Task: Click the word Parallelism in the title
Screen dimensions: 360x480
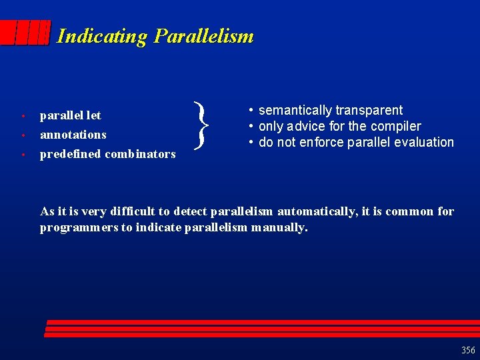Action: pos(203,36)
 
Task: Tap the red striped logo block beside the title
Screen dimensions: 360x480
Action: pos(25,32)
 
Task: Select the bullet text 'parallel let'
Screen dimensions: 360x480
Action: pos(70,115)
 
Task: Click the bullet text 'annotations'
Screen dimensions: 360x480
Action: pos(73,135)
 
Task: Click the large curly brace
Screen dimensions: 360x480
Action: pos(201,125)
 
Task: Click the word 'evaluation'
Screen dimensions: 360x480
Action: pos(423,143)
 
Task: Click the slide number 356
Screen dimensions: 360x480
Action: pos(468,350)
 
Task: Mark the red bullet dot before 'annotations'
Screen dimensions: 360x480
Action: pos(23,135)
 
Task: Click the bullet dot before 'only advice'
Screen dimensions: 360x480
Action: pos(251,127)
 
